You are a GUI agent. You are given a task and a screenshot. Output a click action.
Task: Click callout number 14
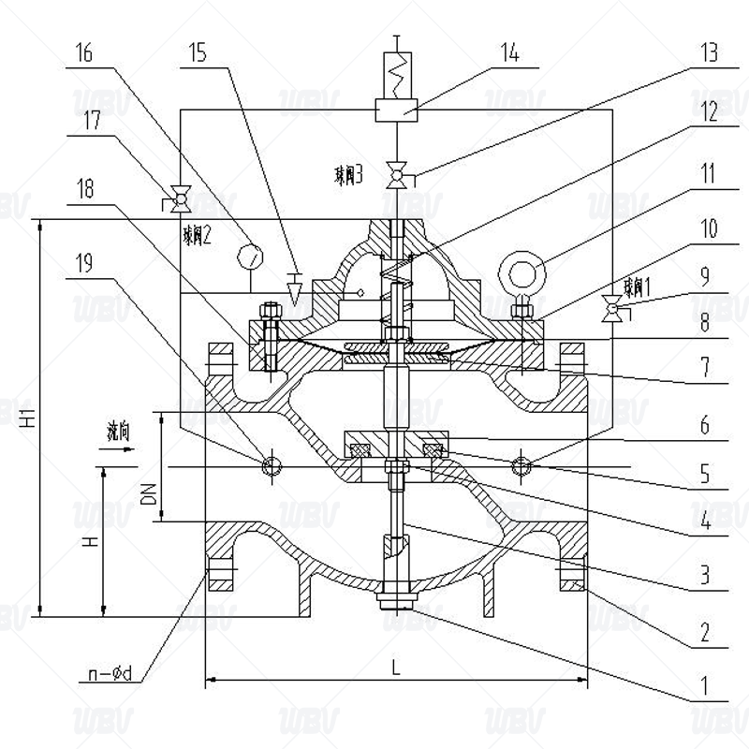509,53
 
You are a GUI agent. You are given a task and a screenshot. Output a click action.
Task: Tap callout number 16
83,53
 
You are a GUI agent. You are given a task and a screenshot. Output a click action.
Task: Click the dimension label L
396,667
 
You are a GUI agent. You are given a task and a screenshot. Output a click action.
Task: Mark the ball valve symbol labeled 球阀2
178,199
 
